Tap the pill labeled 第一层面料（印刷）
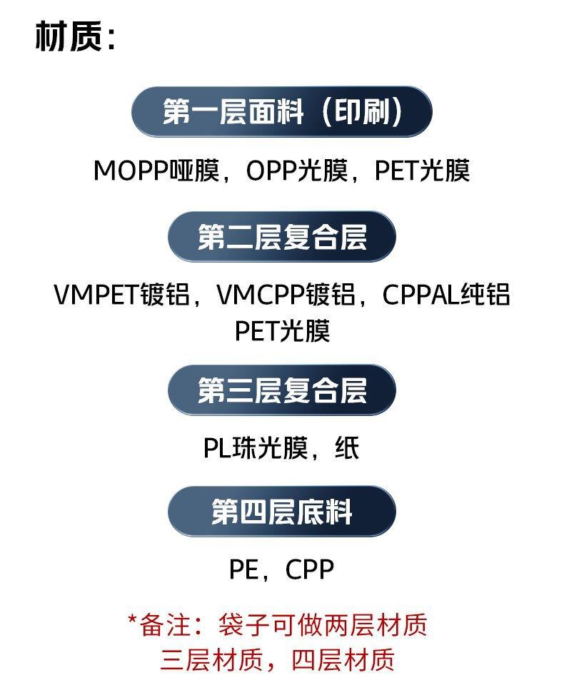click(x=281, y=113)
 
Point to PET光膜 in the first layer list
click(x=423, y=171)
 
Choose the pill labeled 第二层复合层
click(x=281, y=237)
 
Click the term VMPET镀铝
click(x=122, y=295)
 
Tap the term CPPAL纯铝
click(x=446, y=295)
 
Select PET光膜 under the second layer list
click(x=282, y=331)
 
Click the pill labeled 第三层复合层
click(x=281, y=390)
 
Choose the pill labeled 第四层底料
click(x=281, y=512)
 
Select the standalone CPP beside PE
click(x=309, y=570)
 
